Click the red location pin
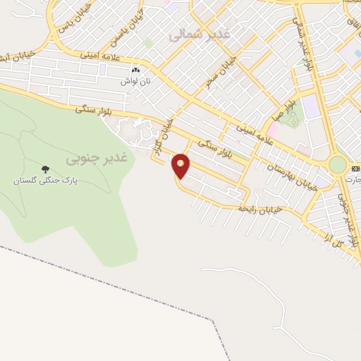tap(181, 165)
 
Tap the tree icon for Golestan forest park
tap(46, 169)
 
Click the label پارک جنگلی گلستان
tap(45, 180)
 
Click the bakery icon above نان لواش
tap(135, 71)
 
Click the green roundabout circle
tap(338, 164)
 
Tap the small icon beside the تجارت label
tap(355, 168)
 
